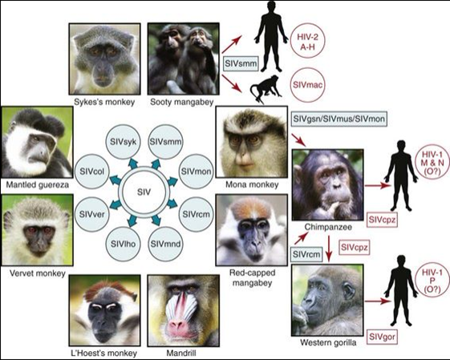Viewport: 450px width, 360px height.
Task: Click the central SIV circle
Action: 144,192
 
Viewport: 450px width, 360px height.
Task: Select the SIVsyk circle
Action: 124,141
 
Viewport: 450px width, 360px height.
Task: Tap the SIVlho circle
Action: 123,244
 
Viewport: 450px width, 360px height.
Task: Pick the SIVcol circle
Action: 91,172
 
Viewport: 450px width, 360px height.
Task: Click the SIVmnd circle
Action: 165,244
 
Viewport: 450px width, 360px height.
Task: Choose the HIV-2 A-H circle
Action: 308,42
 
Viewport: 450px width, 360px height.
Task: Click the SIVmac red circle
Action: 308,85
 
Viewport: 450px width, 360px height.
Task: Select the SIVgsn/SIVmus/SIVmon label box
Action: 339,119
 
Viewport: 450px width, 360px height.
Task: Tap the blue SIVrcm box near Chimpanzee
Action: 306,254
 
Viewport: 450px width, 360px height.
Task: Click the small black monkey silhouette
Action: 266,89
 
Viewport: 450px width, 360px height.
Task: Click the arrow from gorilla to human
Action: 377,301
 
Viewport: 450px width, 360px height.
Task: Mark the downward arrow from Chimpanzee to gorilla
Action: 329,249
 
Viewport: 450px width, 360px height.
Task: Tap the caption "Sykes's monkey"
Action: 104,102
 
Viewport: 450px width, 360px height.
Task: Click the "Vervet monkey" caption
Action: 38,273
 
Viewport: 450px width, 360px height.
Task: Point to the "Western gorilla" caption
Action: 328,342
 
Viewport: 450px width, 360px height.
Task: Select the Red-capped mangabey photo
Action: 251,230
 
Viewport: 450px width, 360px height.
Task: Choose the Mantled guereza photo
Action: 37,142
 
